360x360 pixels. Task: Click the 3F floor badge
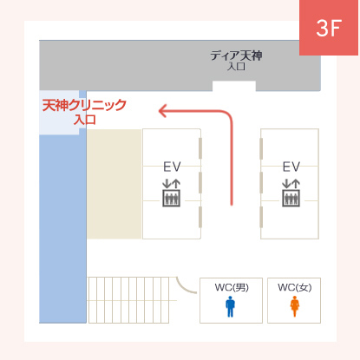pos(329,28)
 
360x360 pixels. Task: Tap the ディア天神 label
pos(236,56)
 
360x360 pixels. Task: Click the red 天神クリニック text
pos(84,105)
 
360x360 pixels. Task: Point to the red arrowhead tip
pos(159,111)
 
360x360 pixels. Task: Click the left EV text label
pos(172,167)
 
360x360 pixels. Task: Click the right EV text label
pos(291,167)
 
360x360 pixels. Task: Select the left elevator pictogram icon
pos(172,198)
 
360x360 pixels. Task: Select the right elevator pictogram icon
pos(291,198)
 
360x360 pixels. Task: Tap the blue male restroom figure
pos(230,306)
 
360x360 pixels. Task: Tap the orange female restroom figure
pos(295,306)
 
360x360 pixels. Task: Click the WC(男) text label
pos(232,287)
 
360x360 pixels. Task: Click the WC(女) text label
pos(295,287)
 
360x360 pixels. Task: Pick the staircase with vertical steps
pos(128,300)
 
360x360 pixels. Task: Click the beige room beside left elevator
pos(115,184)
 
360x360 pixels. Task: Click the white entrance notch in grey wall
pos(234,86)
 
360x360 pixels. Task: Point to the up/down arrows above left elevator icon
pos(172,184)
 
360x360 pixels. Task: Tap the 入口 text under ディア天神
pos(236,67)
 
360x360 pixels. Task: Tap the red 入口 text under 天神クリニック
pos(84,120)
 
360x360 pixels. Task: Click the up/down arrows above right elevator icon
pos(291,184)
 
